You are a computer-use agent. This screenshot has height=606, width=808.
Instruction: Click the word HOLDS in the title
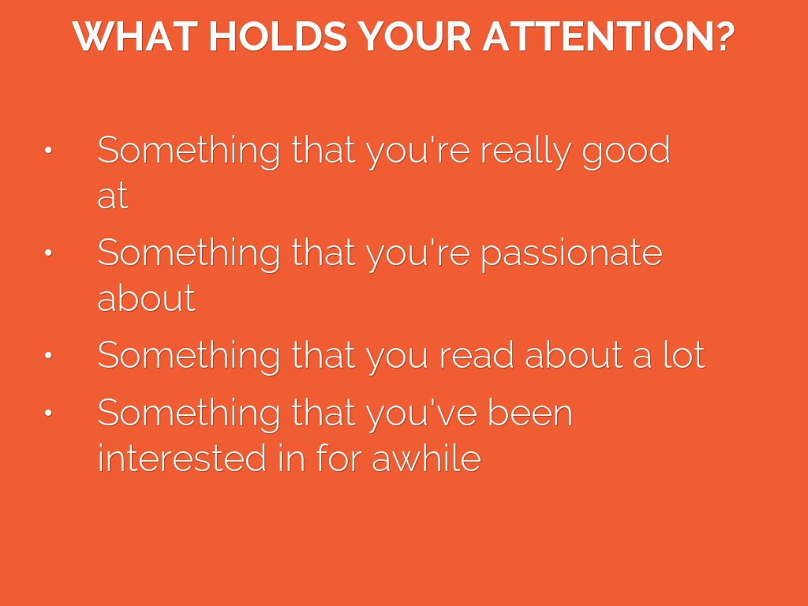[x=278, y=36]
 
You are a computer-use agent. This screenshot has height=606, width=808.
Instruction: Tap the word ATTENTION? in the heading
[x=608, y=36]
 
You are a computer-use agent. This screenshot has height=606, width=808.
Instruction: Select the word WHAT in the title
[x=135, y=36]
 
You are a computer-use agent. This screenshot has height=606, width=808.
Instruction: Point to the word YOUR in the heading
[x=415, y=36]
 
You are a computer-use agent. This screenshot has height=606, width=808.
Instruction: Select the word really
[x=526, y=151]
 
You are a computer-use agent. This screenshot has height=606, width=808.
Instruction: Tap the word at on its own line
[x=113, y=196]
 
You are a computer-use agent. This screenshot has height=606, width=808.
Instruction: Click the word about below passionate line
[x=146, y=297]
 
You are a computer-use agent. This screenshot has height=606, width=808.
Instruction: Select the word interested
[x=182, y=458]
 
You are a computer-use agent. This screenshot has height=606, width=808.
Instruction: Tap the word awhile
[x=426, y=458]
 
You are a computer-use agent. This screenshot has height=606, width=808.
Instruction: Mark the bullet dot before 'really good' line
[x=48, y=150]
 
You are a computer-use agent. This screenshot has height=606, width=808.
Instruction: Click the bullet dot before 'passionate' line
[x=48, y=252]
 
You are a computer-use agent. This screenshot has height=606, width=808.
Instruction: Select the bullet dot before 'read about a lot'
[x=48, y=355]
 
